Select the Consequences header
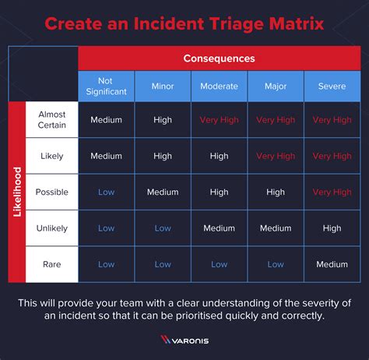point(219,58)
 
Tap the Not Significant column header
point(106,86)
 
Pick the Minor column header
point(163,86)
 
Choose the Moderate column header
point(219,86)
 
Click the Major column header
point(276,86)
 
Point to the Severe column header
point(332,86)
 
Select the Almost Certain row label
point(52,120)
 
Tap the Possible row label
point(52,192)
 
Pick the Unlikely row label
point(52,228)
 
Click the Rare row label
point(52,264)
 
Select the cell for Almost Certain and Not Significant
point(106,120)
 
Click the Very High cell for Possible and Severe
point(332,192)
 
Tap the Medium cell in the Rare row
point(332,264)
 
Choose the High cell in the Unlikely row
point(332,228)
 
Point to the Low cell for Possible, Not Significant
point(106,192)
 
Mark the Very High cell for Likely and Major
point(276,156)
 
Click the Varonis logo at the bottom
point(184,340)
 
